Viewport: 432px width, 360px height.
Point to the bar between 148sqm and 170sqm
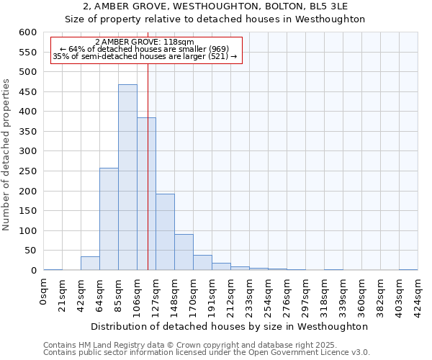click(184, 252)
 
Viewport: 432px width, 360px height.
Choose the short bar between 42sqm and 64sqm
click(90, 264)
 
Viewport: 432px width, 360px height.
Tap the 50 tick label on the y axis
click(30, 251)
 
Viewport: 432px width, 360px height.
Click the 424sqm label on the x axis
click(418, 296)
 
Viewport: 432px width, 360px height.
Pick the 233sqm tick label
click(250, 296)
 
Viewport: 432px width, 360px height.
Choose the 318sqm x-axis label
click(325, 296)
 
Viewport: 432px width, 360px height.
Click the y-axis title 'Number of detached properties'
click(7, 156)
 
